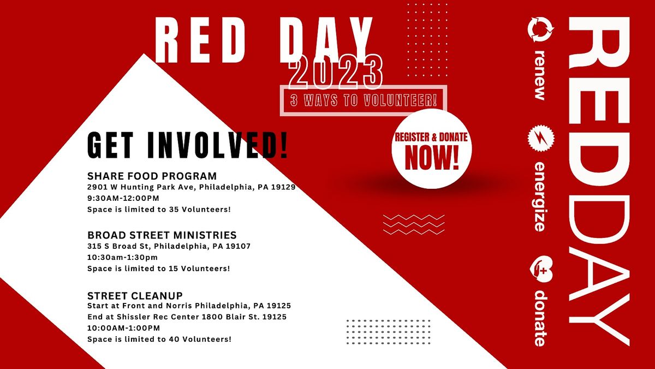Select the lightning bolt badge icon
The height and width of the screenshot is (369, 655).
[540, 139]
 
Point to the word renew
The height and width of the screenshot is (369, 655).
[540, 75]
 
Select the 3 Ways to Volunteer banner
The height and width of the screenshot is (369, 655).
[364, 101]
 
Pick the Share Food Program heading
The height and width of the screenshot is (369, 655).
[152, 176]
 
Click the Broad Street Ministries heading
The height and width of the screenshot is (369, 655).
[162, 235]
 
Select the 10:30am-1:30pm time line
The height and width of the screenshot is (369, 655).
[122, 257]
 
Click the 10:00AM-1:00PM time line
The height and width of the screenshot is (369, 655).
[124, 328]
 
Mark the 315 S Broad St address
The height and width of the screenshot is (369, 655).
[169, 246]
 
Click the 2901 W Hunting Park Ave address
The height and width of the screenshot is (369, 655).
[191, 187]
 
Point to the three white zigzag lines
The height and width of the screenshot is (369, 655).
[414, 224]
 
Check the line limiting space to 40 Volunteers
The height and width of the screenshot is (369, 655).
[159, 339]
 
